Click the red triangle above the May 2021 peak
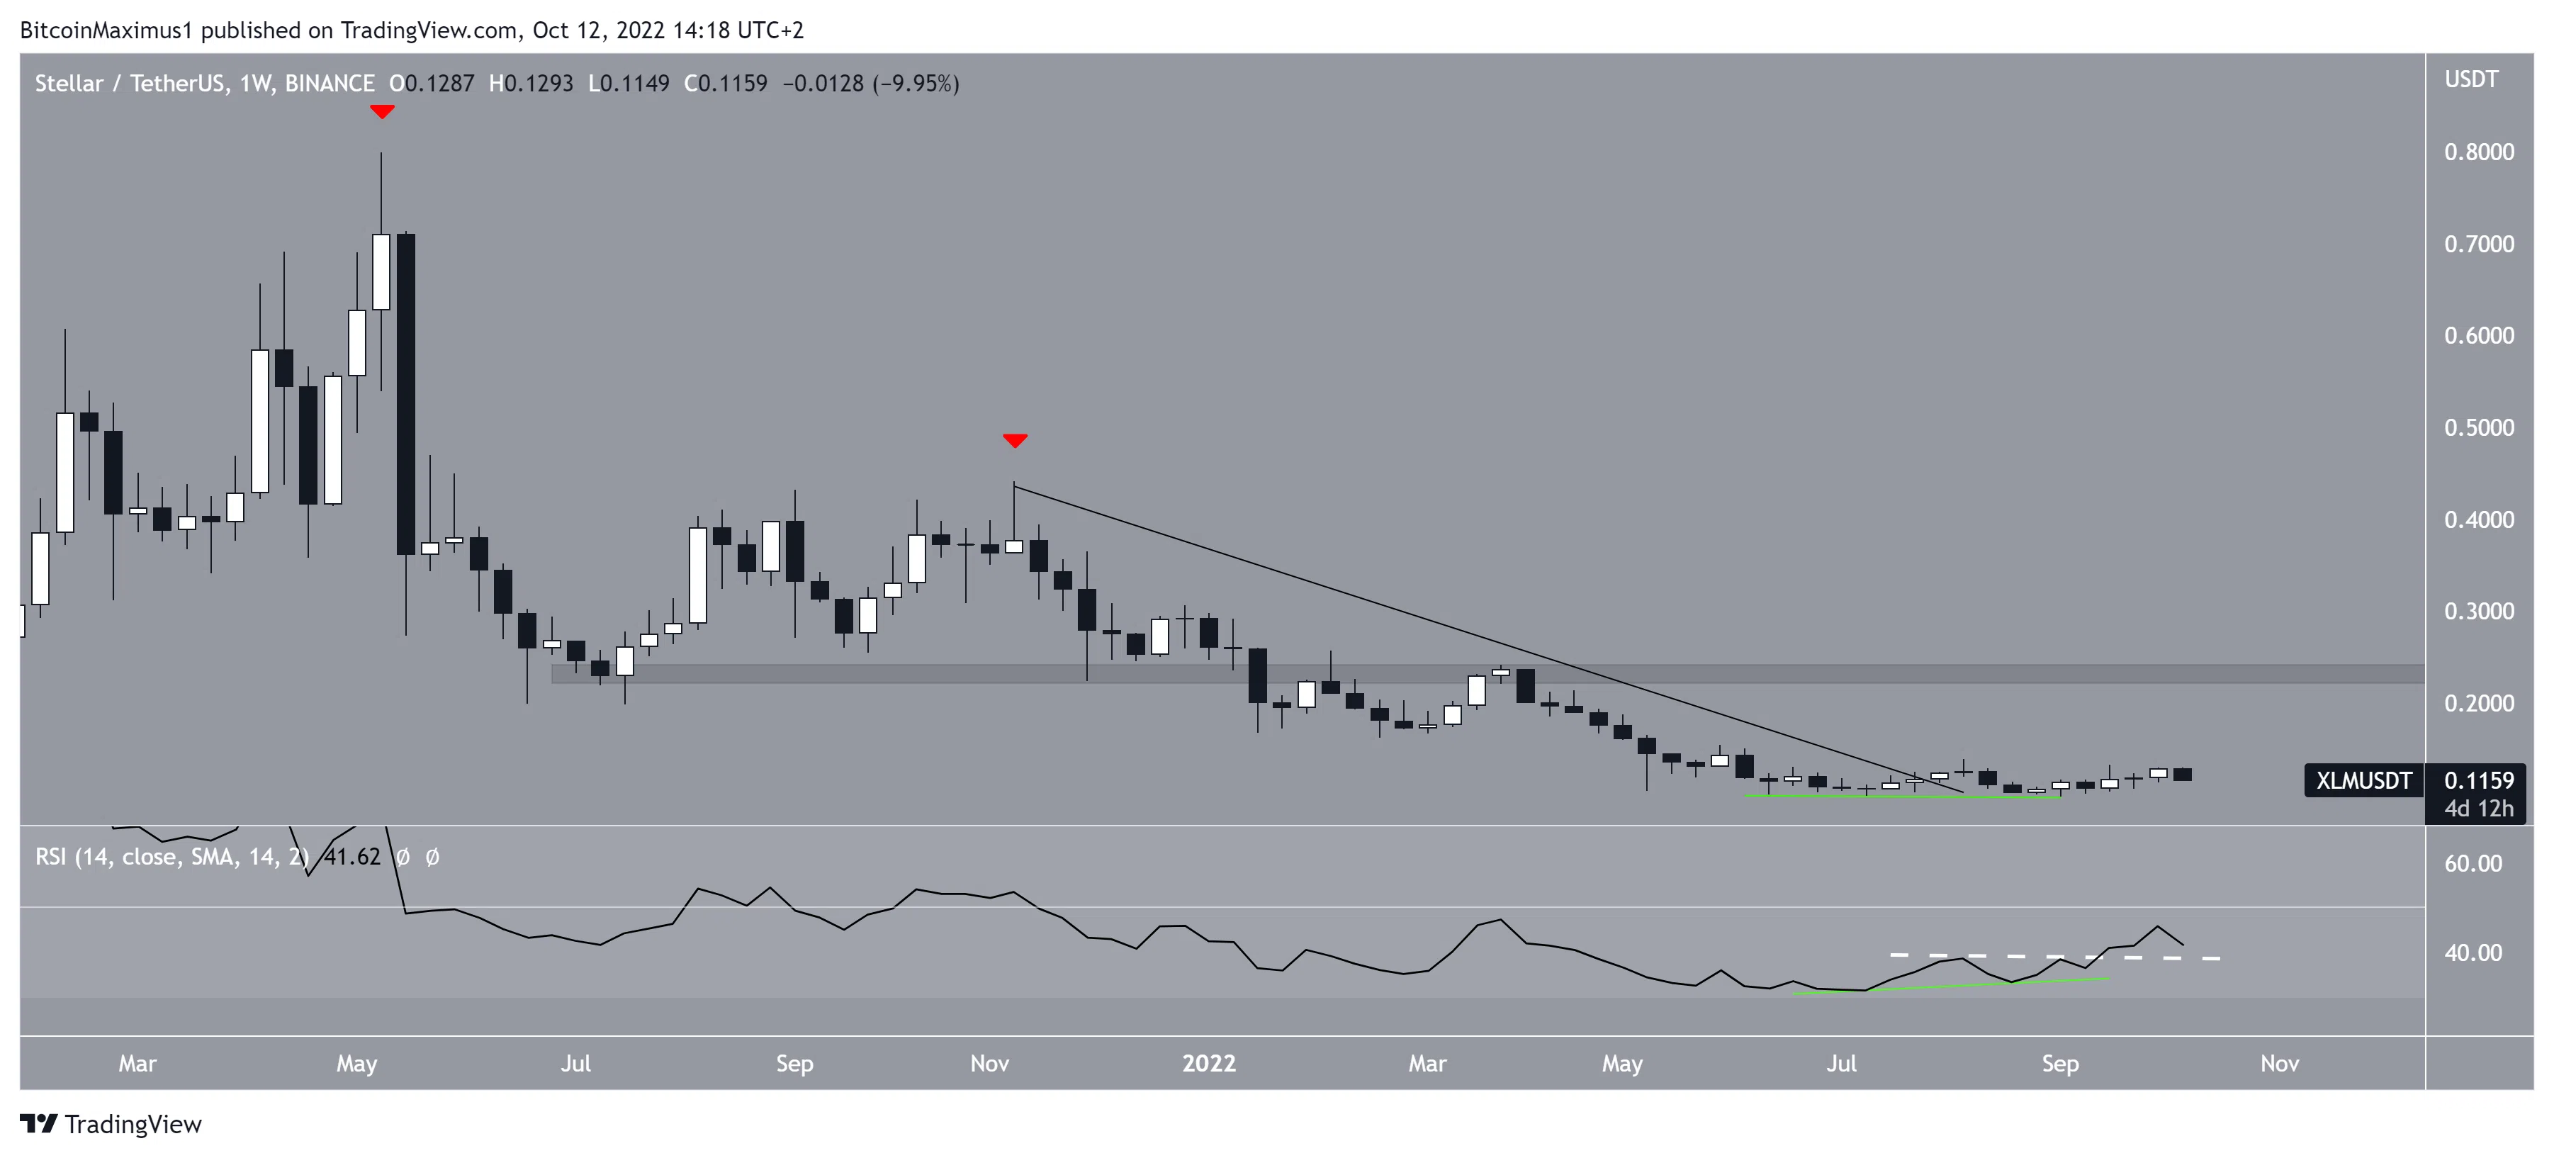point(382,111)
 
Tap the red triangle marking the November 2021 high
point(1014,439)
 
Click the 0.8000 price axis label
point(2479,152)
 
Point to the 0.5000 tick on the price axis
point(2479,427)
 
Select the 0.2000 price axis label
point(2479,703)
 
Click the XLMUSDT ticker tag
point(2363,780)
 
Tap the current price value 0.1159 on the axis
point(2479,780)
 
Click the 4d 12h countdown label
point(2479,808)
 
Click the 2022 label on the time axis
point(1208,1063)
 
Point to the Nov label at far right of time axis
point(2278,1063)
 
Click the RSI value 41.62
point(352,857)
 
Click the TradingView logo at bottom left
point(111,1123)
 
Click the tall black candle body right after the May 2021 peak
point(405,393)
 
